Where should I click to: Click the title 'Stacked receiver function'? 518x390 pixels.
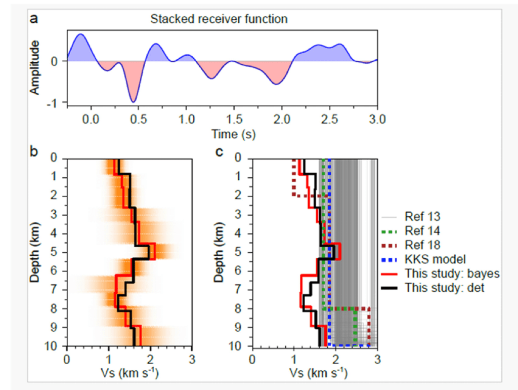coord(219,20)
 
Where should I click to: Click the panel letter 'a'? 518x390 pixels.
coord(34,19)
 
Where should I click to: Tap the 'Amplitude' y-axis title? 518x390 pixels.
coord(34,68)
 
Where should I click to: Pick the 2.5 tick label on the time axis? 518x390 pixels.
coord(329,121)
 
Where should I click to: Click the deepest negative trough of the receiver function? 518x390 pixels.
coord(133,101)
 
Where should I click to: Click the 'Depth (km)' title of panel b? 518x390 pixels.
coord(34,253)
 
